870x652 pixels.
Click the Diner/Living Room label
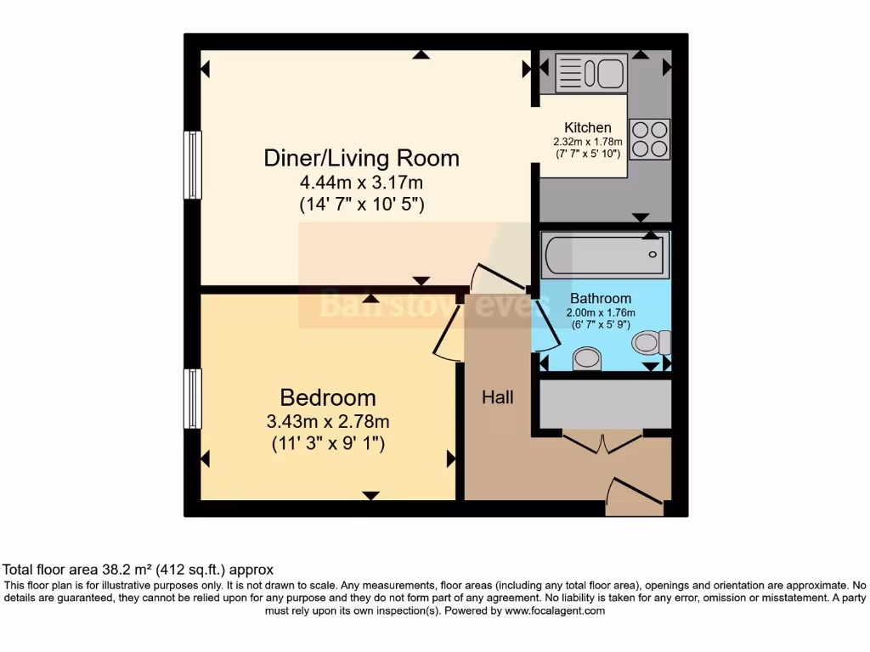[x=361, y=158]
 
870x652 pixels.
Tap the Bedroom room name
[x=328, y=397]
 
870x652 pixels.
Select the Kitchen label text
[x=588, y=127]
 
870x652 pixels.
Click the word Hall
[x=498, y=397]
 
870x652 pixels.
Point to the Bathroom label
[x=600, y=298]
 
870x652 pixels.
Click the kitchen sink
[x=590, y=73]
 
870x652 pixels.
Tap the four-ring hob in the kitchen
[x=651, y=138]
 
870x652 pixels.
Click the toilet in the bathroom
[x=652, y=343]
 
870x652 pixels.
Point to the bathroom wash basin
[x=587, y=358]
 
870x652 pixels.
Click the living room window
[x=193, y=166]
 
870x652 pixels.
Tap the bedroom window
[x=193, y=399]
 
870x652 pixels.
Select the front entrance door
[x=636, y=497]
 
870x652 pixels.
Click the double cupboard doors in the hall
[x=602, y=442]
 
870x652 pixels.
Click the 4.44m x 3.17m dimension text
[x=361, y=183]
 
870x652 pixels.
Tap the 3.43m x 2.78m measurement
[x=328, y=422]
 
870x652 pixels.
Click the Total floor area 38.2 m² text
[x=138, y=570]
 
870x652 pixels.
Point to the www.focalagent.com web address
[x=555, y=610]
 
